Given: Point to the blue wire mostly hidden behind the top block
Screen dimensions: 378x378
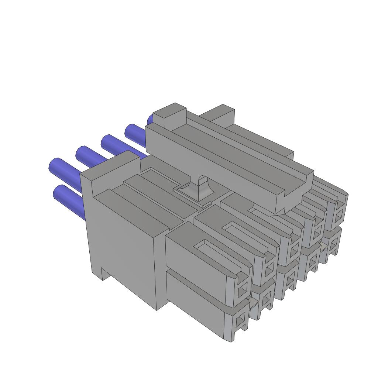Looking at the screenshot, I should tap(150, 120).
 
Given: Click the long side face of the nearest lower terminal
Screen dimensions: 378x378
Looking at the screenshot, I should tap(196, 303).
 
